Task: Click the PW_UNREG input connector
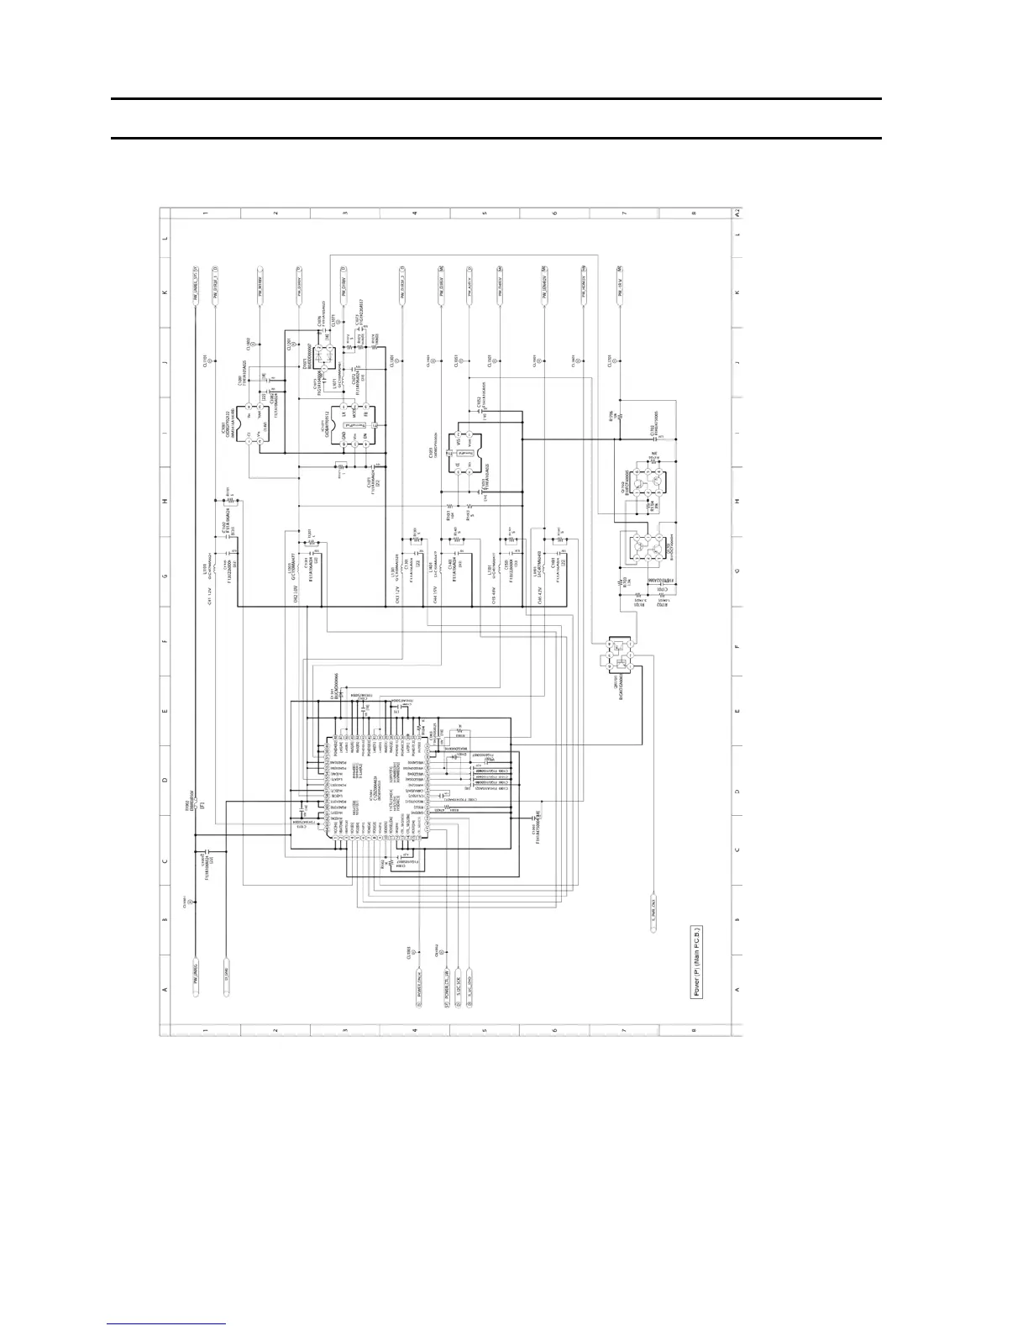click(x=195, y=980)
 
